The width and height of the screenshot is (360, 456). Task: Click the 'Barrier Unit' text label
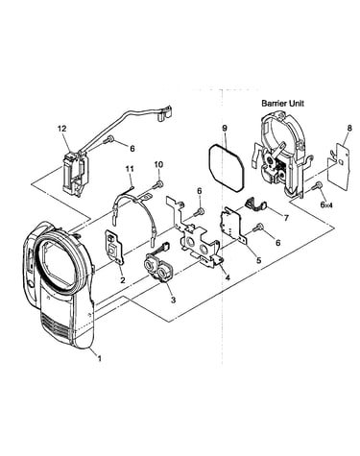click(282, 104)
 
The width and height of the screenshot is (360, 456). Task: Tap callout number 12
click(62, 129)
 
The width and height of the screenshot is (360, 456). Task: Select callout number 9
click(225, 129)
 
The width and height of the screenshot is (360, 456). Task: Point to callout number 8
click(349, 128)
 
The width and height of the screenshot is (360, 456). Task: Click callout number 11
click(130, 169)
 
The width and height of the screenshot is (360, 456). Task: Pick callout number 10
click(158, 164)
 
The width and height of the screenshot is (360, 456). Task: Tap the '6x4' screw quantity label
click(327, 205)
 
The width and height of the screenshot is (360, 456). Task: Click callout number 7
click(286, 218)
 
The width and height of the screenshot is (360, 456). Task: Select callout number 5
click(258, 260)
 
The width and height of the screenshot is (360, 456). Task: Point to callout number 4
click(228, 277)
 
